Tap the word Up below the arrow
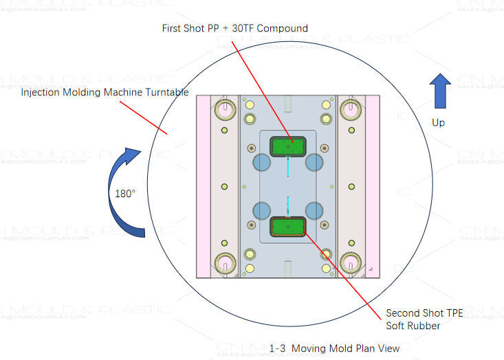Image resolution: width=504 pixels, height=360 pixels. (x=439, y=122)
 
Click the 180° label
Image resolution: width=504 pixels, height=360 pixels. (x=125, y=193)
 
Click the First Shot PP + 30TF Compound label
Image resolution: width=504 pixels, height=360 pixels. (x=234, y=28)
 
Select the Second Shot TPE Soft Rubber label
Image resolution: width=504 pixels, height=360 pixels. (x=424, y=319)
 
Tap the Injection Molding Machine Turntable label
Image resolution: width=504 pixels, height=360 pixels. (x=105, y=92)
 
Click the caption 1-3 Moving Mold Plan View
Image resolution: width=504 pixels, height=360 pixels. (x=334, y=348)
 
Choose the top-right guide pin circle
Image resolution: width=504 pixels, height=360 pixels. (x=349, y=109)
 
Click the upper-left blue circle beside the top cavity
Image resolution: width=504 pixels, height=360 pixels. (x=262, y=162)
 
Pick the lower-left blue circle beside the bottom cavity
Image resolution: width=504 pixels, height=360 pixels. (x=262, y=211)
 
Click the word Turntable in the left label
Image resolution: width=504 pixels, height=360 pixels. (x=165, y=92)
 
